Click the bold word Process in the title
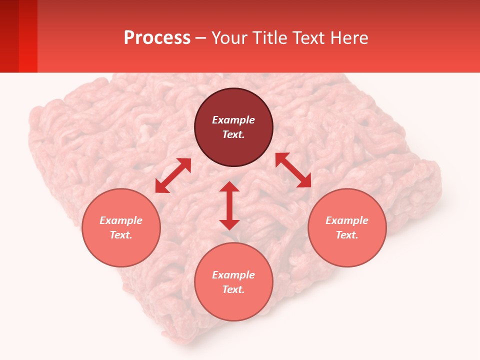157,38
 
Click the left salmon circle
121,250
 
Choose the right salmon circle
347,250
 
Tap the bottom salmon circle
233,305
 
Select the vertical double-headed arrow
229,205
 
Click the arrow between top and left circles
173,175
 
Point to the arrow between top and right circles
293,170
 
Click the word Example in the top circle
233,120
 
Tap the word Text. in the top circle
233,134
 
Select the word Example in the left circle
121,220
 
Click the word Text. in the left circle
121,235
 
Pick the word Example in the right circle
347,220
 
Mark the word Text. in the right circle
347,235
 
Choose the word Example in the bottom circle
233,275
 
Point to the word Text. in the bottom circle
233,289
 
